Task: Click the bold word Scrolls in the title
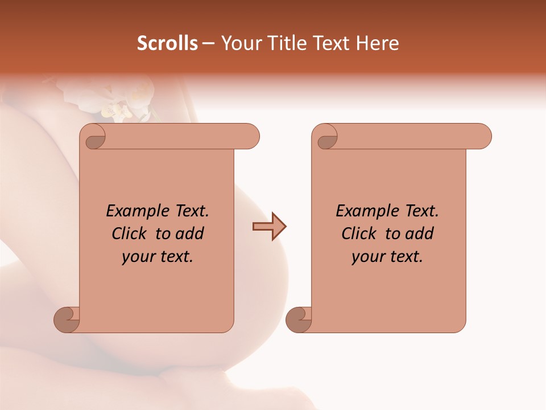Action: click(167, 43)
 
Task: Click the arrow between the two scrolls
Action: click(269, 227)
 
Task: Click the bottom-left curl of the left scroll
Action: click(67, 319)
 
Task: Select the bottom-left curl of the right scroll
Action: click(299, 319)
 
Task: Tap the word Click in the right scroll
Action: click(359, 233)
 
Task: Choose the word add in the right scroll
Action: click(418, 233)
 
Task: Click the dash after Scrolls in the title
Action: click(208, 44)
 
